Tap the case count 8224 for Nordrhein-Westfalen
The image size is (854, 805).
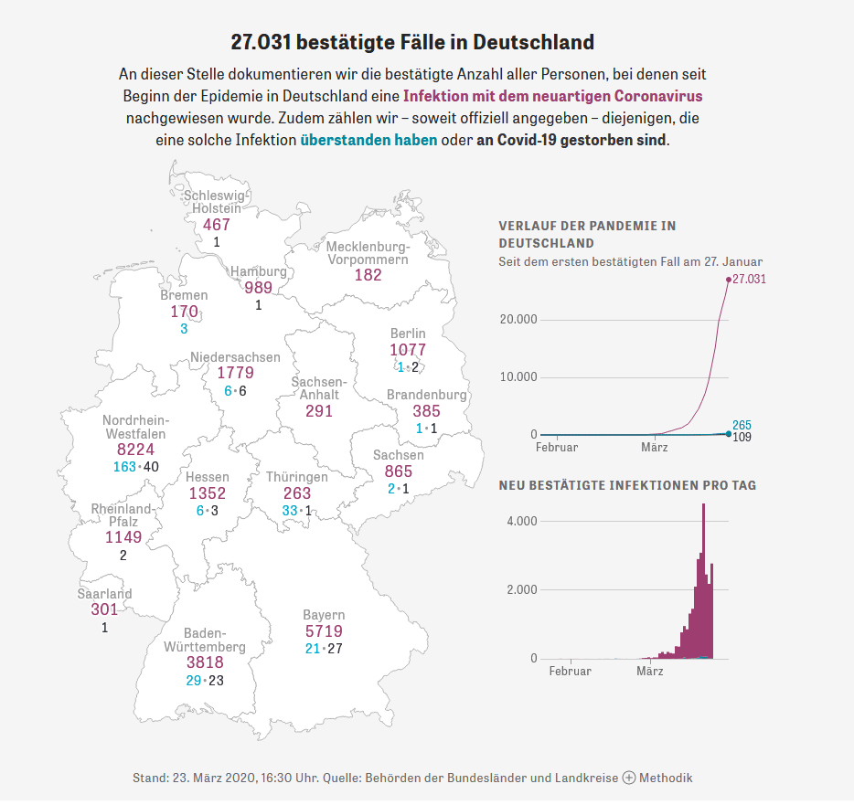(x=135, y=450)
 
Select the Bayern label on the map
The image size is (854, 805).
(x=324, y=615)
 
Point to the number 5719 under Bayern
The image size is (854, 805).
(x=324, y=631)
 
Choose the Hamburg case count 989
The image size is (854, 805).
(x=258, y=288)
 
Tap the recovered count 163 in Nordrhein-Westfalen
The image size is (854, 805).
(x=123, y=467)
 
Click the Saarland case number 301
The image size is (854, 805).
(x=104, y=609)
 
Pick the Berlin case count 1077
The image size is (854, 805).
(x=408, y=350)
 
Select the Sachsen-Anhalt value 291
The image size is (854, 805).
(x=319, y=411)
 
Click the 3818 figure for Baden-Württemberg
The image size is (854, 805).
(x=205, y=663)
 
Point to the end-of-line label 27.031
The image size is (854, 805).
(x=749, y=279)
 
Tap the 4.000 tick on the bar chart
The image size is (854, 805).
(x=522, y=521)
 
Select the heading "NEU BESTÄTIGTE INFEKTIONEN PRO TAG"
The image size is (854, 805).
(x=627, y=485)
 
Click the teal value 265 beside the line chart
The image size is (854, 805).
(x=742, y=425)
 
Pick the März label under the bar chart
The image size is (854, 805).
(x=649, y=672)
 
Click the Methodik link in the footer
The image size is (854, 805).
(x=665, y=778)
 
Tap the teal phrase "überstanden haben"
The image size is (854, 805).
(x=368, y=141)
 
